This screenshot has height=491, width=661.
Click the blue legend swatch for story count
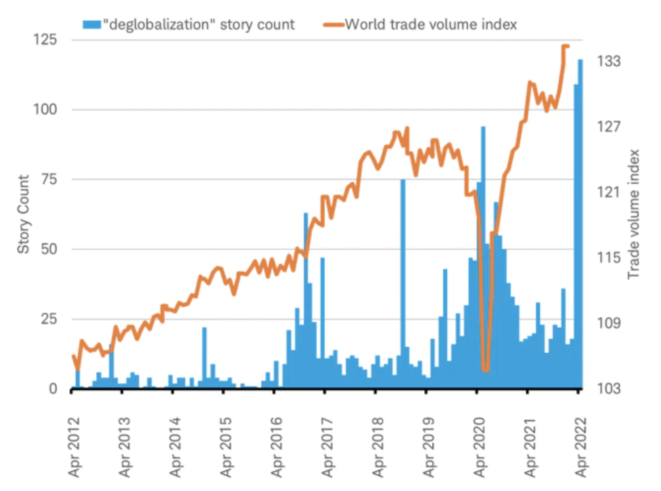[92, 25]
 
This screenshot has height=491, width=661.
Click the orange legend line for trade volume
[333, 25]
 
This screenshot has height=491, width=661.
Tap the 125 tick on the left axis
[45, 40]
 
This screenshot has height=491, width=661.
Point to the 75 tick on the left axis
[49, 179]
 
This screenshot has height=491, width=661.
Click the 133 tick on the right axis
[608, 61]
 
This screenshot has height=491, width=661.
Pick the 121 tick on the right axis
[608, 192]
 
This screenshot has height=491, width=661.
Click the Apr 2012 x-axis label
[75, 448]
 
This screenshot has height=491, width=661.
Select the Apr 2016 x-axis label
[277, 448]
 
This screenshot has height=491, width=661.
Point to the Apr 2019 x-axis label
[429, 448]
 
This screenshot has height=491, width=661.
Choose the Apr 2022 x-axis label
[581, 448]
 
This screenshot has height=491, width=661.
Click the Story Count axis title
[23, 214]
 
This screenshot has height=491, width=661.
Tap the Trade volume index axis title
[634, 214]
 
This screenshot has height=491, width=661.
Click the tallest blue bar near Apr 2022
[580, 222]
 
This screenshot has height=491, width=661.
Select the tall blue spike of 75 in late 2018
[403, 282]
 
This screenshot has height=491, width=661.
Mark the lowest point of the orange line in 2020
[486, 369]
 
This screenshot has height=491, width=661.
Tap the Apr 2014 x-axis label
[176, 448]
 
